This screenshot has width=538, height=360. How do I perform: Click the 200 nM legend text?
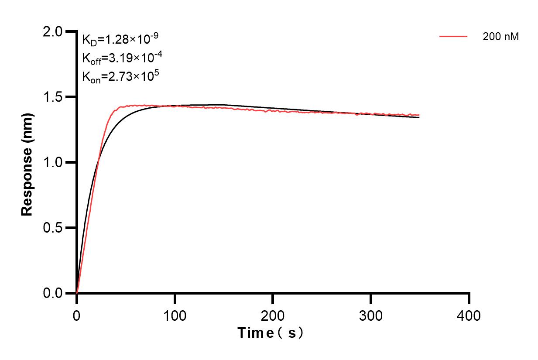[x=500, y=37]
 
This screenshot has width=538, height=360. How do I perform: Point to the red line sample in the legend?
[x=453, y=37]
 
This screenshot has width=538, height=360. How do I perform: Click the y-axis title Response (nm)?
[x=27, y=162]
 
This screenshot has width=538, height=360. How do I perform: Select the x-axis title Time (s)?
[x=271, y=333]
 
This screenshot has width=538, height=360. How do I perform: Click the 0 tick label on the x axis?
[x=77, y=315]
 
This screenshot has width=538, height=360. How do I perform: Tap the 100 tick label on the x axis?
[x=175, y=315]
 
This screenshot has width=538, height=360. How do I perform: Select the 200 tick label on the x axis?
[x=273, y=315]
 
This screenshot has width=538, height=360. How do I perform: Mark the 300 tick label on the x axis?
[x=371, y=315]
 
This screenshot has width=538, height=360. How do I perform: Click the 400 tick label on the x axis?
[x=469, y=315]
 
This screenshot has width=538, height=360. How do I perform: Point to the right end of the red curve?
[x=419, y=115]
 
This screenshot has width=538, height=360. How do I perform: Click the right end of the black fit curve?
[x=419, y=117]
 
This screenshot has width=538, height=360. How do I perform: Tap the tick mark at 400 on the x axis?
[x=469, y=298]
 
